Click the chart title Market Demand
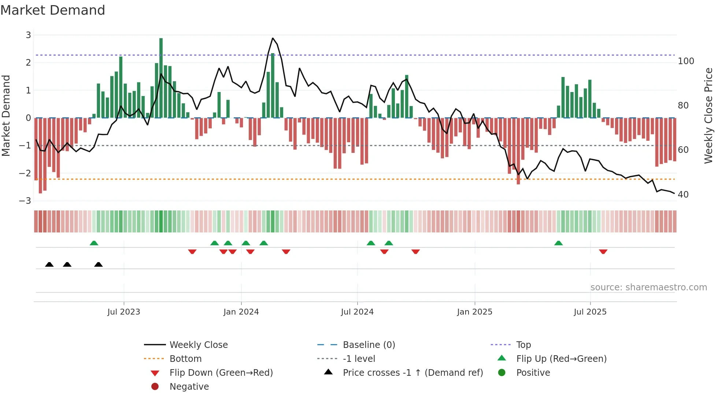53,10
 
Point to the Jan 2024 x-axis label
241,312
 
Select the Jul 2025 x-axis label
590,312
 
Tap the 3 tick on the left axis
28,35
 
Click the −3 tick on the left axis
25,201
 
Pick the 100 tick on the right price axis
686,61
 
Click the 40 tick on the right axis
683,195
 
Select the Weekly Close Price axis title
708,115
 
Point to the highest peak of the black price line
273,38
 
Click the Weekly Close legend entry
198,345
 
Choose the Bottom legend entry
185,359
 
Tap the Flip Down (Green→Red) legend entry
221,373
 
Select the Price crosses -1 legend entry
412,373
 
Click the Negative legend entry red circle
155,387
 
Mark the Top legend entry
523,345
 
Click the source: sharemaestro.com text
648,287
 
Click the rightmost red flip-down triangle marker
603,251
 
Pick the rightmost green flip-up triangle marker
558,243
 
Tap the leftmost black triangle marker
49,264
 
